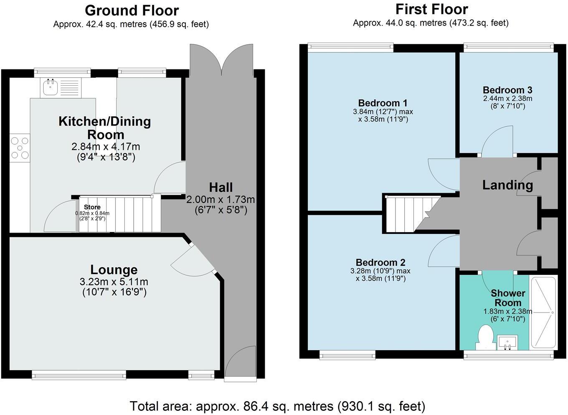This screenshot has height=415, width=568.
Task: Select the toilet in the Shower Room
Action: click(485, 338)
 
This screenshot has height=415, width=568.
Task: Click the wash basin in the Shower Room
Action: click(508, 342)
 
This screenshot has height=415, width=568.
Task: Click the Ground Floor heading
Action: click(132, 10)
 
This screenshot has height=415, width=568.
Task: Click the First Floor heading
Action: click(431, 9)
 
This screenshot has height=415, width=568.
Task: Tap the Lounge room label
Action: click(114, 270)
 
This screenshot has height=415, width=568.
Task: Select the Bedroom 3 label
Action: click(507, 90)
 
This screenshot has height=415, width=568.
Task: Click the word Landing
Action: click(507, 185)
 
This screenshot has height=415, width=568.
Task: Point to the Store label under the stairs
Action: click(92, 207)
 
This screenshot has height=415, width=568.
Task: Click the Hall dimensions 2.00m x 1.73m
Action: click(220, 200)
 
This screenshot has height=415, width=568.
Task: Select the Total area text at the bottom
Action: click(277, 406)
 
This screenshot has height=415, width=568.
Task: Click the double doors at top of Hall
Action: click(221, 61)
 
